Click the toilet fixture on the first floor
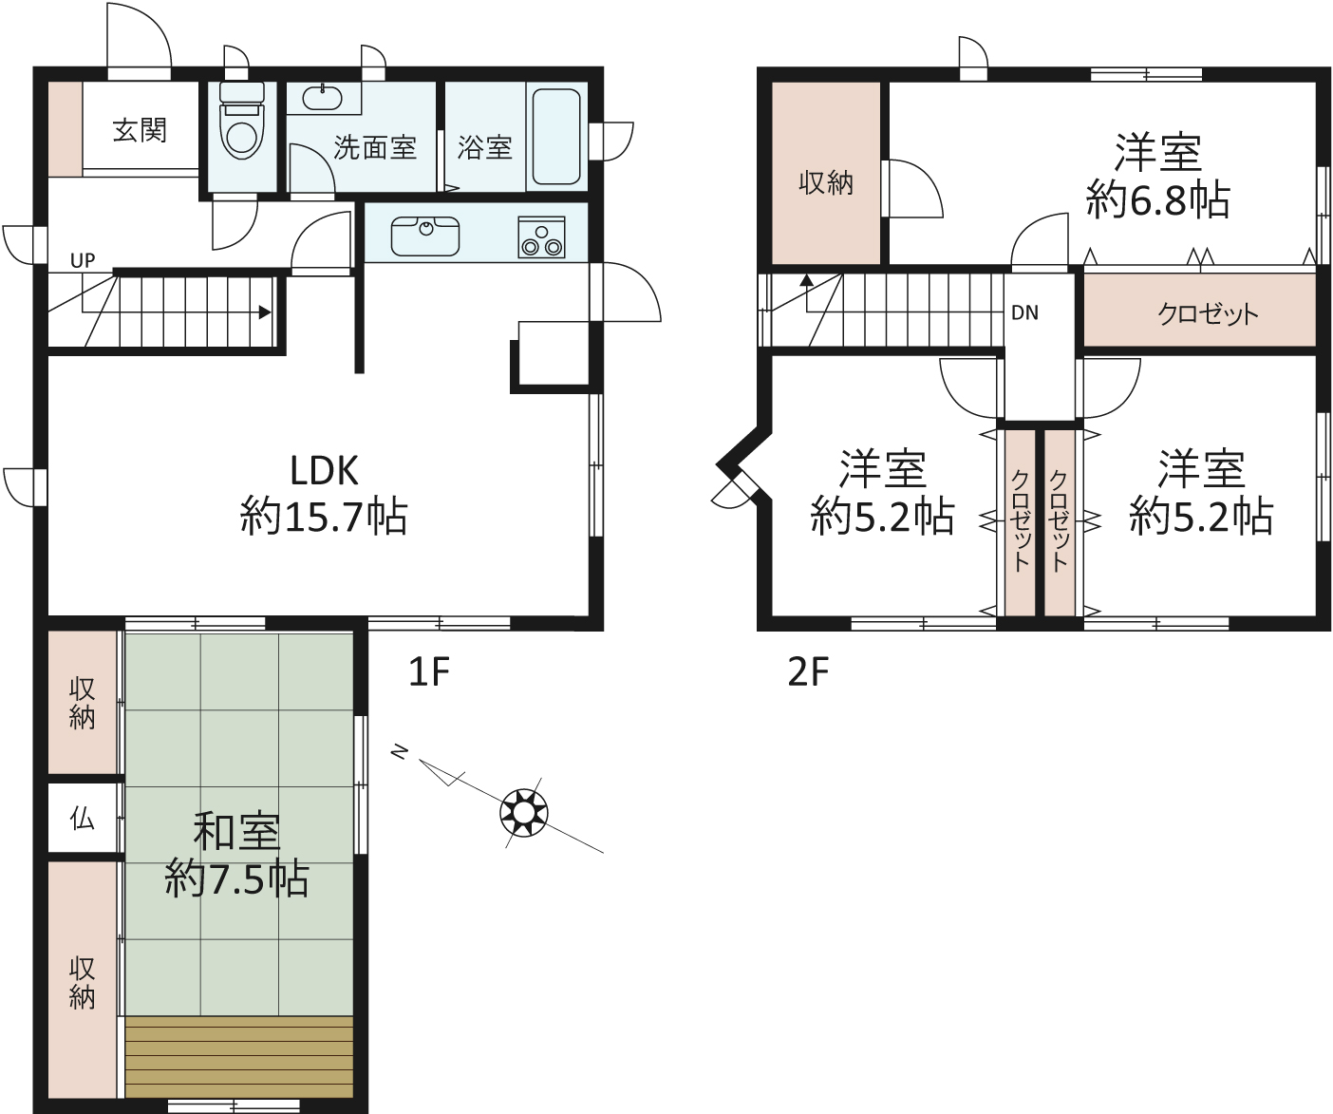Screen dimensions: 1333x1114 242,121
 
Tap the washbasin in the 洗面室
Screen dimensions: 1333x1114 323,99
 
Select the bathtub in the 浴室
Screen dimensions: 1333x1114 556,137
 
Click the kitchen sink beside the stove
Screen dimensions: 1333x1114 425,236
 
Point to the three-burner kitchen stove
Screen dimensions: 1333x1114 541,237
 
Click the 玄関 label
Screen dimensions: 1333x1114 140,130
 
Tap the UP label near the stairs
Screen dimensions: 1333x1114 83,260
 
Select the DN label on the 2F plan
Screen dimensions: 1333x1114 1024,312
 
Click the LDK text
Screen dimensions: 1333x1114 325,471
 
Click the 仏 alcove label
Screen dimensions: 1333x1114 83,819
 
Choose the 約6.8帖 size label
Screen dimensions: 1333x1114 1158,199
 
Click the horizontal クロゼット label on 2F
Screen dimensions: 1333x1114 1208,313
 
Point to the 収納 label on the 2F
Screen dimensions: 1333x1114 826,183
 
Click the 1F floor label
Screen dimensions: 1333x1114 429,671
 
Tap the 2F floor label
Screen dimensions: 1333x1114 808,671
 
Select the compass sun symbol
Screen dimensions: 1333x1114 523,813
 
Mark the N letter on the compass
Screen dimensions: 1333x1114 400,753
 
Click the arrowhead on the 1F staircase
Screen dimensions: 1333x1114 265,313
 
